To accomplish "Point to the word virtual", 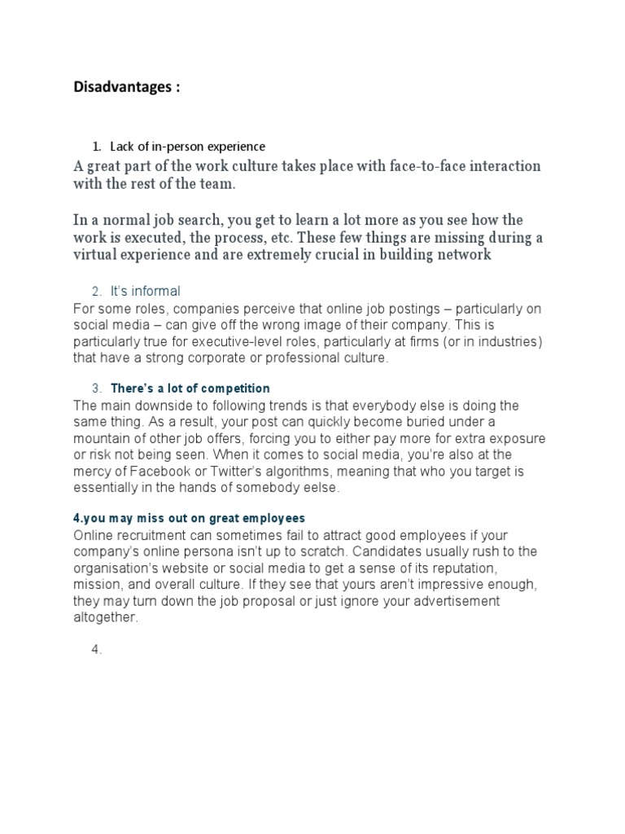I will pos(97,254).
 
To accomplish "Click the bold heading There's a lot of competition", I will pos(190,388).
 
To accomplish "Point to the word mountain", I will pos(102,439).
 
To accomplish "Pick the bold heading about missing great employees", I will pos(189,518).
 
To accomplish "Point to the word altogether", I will pos(106,618).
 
